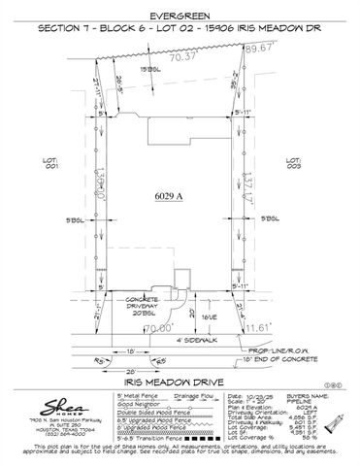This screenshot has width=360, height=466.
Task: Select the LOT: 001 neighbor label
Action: tap(70, 163)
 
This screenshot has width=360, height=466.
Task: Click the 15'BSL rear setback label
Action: tap(149, 70)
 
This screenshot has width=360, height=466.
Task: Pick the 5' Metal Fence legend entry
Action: tap(133, 396)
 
